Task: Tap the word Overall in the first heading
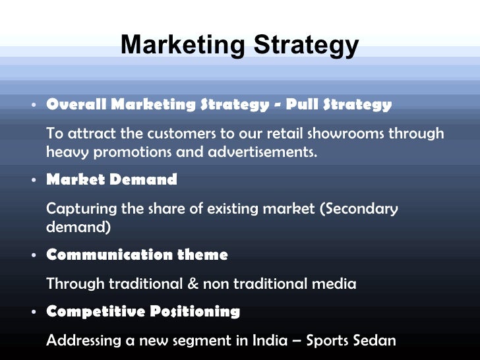(x=76, y=104)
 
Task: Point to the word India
(x=268, y=341)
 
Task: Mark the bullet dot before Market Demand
(x=32, y=180)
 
